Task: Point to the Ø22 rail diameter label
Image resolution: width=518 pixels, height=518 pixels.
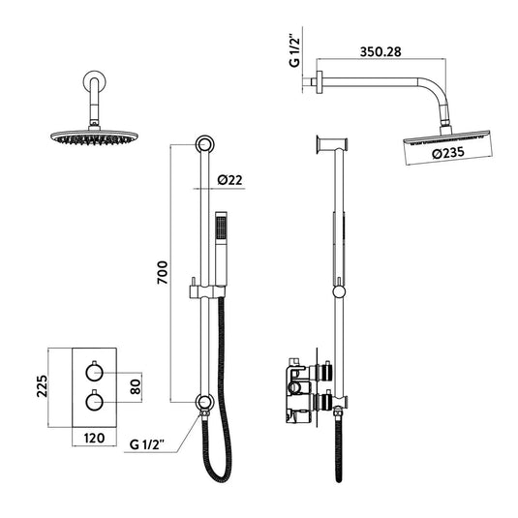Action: [x=231, y=178]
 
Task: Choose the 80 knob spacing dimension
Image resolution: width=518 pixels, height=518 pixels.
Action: [x=137, y=384]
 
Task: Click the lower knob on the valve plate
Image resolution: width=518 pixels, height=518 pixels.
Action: [x=93, y=399]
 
